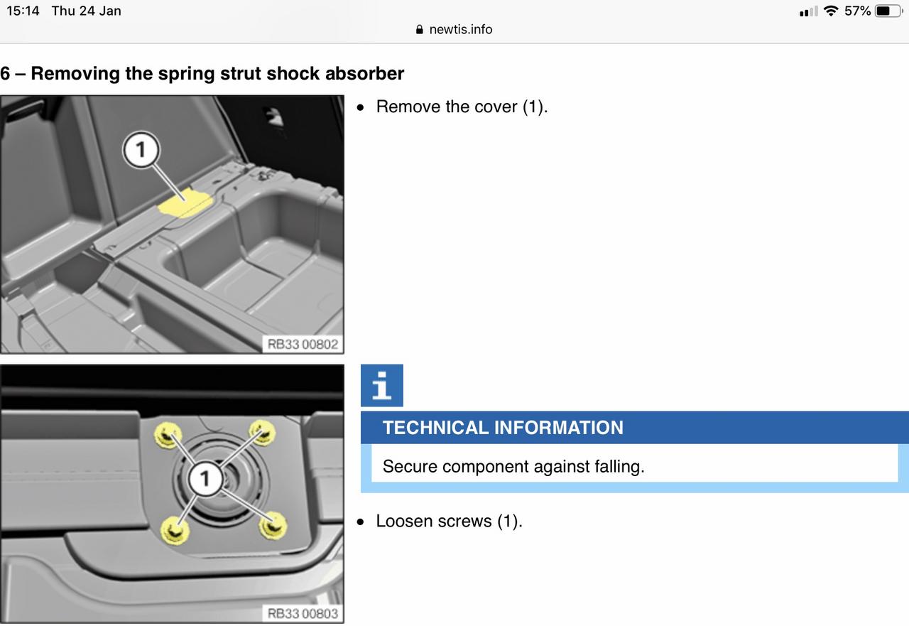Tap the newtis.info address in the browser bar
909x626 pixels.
coord(461,29)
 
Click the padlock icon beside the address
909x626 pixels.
coord(420,29)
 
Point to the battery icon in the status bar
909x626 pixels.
coord(888,11)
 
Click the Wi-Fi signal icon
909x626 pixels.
coord(831,11)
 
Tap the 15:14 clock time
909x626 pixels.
coord(23,11)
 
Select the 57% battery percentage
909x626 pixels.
coord(857,11)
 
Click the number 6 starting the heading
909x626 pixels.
coord(5,73)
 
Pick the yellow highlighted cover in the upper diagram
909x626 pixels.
coord(185,203)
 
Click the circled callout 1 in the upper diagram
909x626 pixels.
coord(141,149)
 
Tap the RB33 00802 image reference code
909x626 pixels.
coord(303,344)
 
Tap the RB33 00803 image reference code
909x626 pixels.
coord(303,613)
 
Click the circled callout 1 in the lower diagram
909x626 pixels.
coord(205,478)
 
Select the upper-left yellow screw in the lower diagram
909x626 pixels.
coord(167,435)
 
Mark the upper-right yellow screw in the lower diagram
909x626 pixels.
coord(262,433)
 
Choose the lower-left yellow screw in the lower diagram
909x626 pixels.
coord(175,530)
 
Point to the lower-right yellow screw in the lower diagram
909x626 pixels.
coord(273,526)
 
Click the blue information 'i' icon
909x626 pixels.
coord(382,385)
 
